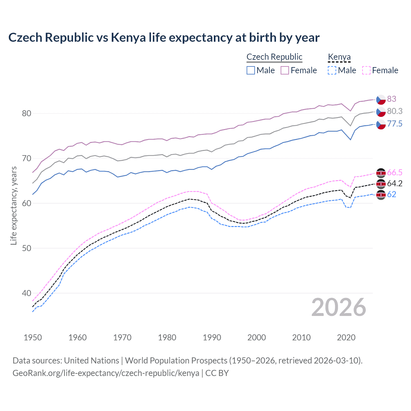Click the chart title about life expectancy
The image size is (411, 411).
[x=164, y=38]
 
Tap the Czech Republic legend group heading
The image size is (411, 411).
[x=274, y=57]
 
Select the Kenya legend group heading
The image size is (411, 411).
[x=339, y=57]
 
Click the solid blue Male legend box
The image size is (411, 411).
[x=251, y=70]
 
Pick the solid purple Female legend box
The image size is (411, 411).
[x=285, y=70]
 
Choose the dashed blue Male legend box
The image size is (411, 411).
[x=332, y=70]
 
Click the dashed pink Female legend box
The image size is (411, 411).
[x=366, y=70]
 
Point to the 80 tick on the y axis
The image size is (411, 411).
[x=26, y=113]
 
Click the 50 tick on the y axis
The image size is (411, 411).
[x=26, y=248]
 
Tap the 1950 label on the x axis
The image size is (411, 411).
[x=33, y=337]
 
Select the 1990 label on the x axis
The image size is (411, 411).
[x=212, y=337]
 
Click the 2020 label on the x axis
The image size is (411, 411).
[x=346, y=337]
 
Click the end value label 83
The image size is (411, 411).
[x=391, y=99]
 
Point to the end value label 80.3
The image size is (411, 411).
[x=395, y=111]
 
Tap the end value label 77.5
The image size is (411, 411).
[x=395, y=124]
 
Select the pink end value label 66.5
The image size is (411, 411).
[x=395, y=172]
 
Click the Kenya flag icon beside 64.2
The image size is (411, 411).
[x=381, y=184]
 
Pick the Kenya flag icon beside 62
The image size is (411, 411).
[x=381, y=195]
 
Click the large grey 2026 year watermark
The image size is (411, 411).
[x=338, y=307]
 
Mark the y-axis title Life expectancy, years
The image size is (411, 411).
[x=13, y=205]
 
